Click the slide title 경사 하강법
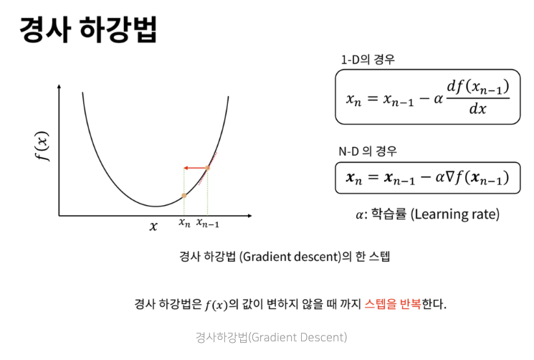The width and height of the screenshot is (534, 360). (x=87, y=31)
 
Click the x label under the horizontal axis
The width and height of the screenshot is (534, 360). (x=153, y=226)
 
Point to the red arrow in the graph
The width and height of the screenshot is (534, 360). (x=196, y=169)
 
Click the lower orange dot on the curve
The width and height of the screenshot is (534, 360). (x=184, y=194)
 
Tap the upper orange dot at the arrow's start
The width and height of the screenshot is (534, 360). (x=207, y=169)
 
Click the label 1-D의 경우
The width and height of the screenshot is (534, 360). (x=368, y=60)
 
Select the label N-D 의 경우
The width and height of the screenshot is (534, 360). (x=368, y=151)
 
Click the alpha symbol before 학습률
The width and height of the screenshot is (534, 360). (x=360, y=214)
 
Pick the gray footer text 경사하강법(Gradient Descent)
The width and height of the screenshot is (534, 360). (x=270, y=336)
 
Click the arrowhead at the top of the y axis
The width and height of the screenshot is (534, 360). (x=58, y=87)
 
